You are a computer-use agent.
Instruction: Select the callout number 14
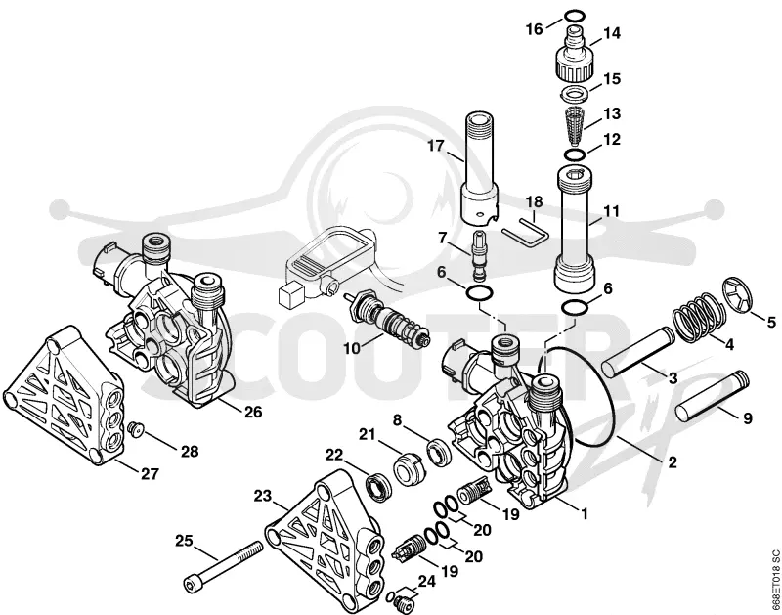point(612,33)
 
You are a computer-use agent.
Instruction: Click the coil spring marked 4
point(696,315)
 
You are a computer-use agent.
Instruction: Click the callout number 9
point(747,417)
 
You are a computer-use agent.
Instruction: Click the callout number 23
point(263,496)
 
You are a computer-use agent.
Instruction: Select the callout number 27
point(150,473)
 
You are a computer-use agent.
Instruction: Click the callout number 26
point(253,412)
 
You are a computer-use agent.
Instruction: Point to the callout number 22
point(334,455)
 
